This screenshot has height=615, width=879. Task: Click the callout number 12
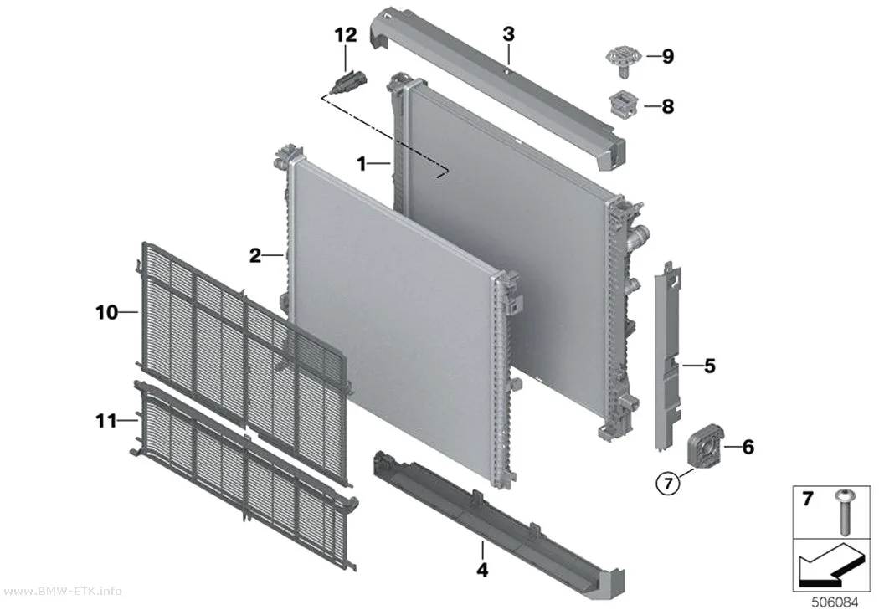point(346,35)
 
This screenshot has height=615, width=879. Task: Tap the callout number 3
point(508,35)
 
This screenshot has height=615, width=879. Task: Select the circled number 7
point(667,483)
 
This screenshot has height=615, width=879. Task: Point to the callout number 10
point(106,312)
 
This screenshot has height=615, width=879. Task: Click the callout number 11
point(106,420)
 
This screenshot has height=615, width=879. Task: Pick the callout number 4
point(482,570)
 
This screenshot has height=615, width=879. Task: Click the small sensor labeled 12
point(349,82)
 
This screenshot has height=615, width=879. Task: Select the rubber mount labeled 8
point(624,105)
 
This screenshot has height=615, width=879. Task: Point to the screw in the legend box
point(842,510)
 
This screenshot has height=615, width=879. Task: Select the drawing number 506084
point(835,602)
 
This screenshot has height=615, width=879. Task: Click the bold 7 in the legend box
point(807,498)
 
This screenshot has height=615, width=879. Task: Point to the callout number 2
point(255,256)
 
